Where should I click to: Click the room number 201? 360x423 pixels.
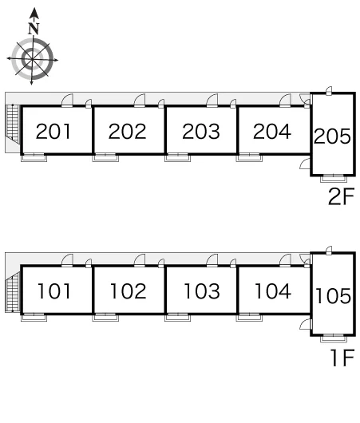click(53, 132)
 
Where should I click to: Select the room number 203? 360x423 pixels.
click(201, 132)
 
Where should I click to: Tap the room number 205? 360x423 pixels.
click(332, 136)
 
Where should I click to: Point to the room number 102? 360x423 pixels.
click(129, 291)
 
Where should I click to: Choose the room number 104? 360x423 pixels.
click(273, 291)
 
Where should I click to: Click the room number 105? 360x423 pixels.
click(334, 295)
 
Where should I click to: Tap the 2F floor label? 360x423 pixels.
click(341, 196)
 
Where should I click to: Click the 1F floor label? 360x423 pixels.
click(343, 358)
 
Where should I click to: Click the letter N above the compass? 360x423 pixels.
click(34, 29)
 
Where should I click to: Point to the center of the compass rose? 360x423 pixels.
click(32, 59)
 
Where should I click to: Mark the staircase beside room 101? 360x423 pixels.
click(14, 292)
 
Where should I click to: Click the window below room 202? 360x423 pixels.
click(105, 157)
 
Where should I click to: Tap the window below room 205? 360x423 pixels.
click(334, 179)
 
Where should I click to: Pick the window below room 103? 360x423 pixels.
click(177, 318)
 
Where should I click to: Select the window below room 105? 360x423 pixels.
click(334, 338)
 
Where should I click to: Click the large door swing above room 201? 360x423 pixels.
click(67, 100)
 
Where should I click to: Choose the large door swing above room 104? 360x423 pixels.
click(285, 261)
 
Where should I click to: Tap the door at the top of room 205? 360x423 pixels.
click(329, 91)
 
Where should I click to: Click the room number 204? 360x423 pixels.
click(272, 132)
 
